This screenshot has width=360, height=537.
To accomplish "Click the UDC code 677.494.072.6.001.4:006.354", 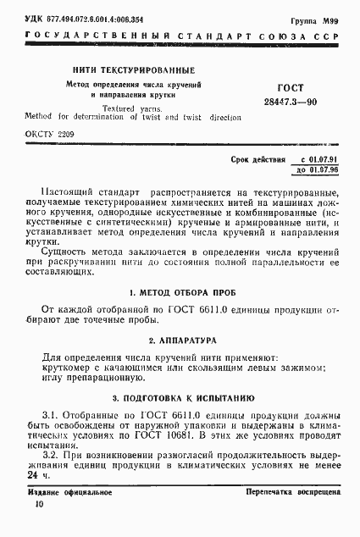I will (102, 17).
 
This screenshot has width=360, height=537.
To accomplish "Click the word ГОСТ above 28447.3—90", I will (291, 87).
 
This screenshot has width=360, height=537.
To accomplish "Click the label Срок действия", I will (256, 159).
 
